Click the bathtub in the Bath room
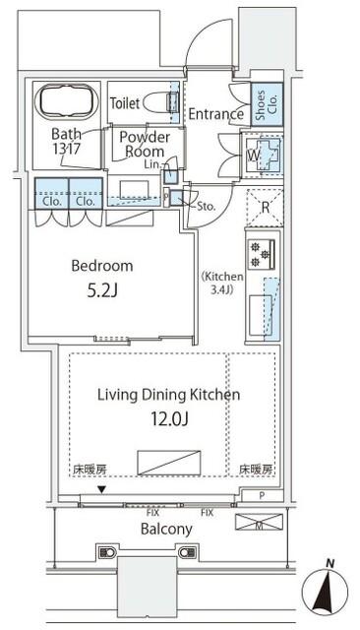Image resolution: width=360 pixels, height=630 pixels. [67, 101]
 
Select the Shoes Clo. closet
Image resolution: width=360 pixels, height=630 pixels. [267, 102]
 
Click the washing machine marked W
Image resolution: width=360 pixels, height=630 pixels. [262, 156]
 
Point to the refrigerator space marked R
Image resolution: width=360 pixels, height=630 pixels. [265, 208]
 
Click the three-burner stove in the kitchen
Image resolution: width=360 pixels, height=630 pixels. [261, 254]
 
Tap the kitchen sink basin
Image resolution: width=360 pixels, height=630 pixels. [261, 315]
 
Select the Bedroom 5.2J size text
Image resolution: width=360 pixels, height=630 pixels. [102, 291]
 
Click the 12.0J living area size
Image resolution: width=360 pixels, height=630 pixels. [169, 419]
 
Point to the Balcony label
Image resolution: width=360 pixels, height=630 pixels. [166, 529]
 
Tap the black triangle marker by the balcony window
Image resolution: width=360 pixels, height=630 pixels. [102, 490]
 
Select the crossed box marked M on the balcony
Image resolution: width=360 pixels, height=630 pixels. [259, 522]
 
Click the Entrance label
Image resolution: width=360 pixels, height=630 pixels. [216, 114]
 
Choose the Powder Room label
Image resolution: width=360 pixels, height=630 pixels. [145, 145]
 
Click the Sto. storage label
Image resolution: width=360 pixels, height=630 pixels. [207, 207]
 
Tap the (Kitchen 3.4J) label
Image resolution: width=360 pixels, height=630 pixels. [222, 283]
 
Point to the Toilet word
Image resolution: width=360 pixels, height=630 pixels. [125, 103]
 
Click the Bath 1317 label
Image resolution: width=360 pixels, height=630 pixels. [66, 141]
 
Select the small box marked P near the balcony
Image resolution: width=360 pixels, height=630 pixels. [262, 496]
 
